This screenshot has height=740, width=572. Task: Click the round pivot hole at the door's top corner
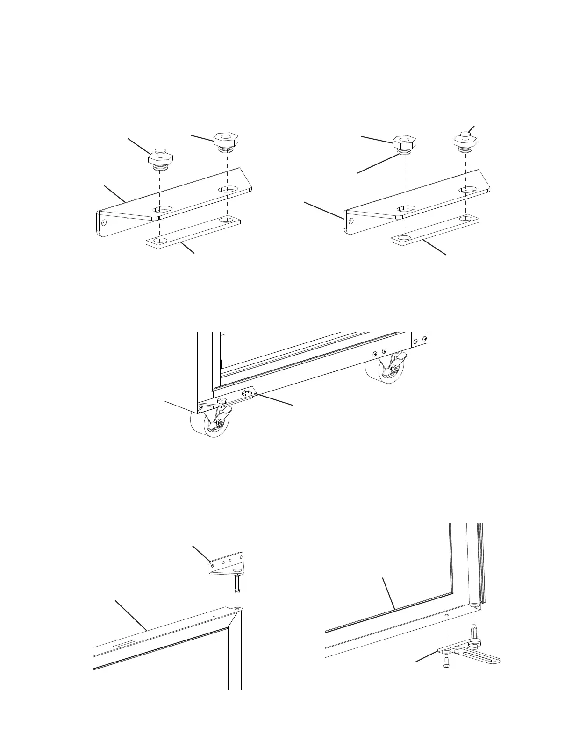point(238,609)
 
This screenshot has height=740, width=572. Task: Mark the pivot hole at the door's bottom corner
point(475,606)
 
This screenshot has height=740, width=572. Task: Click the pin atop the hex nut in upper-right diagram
point(465,135)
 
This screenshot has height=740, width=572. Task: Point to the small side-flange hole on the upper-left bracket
point(104,222)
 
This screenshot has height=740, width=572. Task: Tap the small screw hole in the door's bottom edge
point(447,616)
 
